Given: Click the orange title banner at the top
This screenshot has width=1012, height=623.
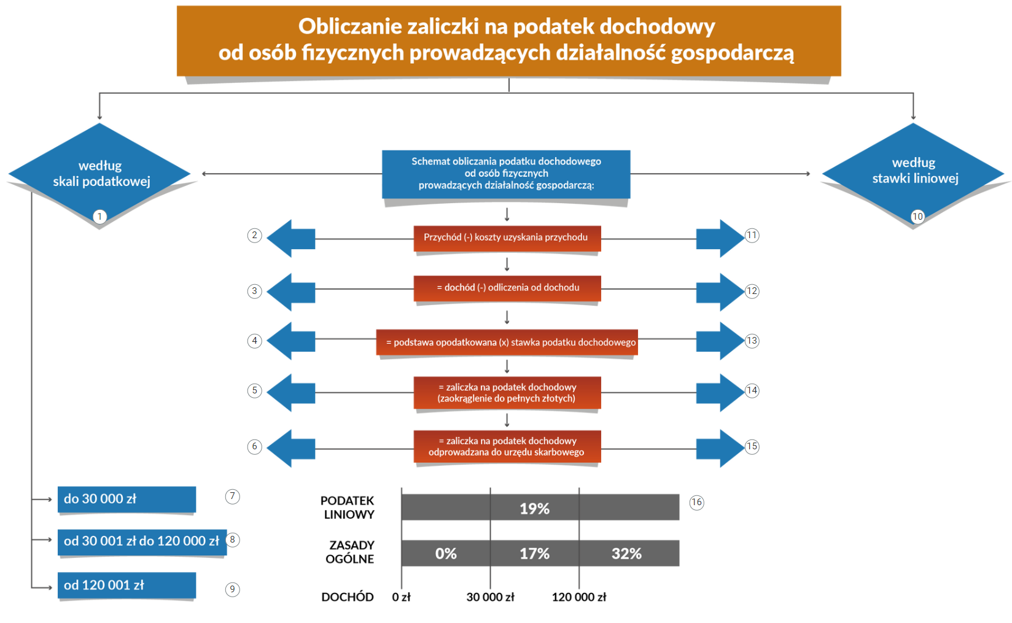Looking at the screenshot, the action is [508, 41].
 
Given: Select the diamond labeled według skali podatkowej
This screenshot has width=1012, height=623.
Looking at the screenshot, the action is [99, 174].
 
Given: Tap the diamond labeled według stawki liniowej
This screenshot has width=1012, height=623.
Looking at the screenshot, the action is [913, 174].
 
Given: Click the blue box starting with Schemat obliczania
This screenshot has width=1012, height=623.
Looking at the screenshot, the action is [506, 174].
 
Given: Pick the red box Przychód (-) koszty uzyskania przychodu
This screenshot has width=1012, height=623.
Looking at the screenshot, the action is [507, 238].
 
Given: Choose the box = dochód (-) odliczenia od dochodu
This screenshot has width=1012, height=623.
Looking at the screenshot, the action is [507, 288].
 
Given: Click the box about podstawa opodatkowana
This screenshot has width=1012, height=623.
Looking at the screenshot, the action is [507, 342].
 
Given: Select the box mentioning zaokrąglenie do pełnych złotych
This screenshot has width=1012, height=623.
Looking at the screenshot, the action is [507, 393].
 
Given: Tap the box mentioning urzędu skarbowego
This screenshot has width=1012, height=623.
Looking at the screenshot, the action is [507, 446].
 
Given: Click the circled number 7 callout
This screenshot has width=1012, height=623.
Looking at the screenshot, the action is [232, 497].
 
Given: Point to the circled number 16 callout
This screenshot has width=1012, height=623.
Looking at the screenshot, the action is [696, 503].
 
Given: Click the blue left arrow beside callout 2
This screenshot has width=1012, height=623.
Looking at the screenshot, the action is [291, 238].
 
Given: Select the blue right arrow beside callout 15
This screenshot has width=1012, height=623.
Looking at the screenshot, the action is [720, 448].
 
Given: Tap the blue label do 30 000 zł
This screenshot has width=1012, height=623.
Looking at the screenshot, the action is [127, 499].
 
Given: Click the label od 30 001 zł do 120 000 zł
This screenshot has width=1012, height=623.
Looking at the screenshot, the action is [142, 542].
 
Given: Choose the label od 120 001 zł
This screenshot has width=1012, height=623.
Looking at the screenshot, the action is [127, 586].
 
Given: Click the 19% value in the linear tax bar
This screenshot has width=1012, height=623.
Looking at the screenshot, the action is [534, 509].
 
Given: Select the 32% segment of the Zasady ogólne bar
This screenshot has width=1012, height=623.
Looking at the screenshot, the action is [629, 553].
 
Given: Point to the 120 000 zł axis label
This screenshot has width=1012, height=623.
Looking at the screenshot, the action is [579, 597].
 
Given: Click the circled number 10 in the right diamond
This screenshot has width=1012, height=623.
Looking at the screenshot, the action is [917, 217].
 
